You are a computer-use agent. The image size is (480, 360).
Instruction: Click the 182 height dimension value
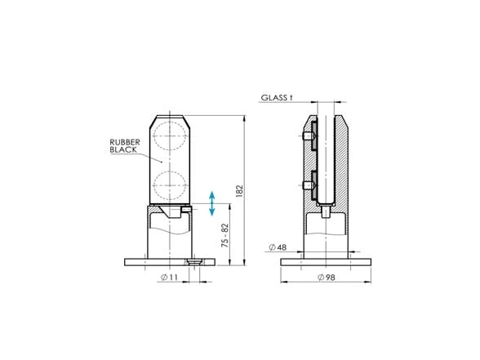tap(239, 191)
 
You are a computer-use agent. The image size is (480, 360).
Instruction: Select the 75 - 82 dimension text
tap(225, 236)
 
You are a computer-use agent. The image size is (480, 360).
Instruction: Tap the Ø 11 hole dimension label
tap(169, 278)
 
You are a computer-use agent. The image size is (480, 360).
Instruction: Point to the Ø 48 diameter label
tap(278, 247)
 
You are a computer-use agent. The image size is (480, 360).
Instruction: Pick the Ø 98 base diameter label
tap(327, 278)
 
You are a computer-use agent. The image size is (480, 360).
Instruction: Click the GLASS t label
tap(277, 98)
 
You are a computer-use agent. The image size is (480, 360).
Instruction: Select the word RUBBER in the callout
tap(125, 142)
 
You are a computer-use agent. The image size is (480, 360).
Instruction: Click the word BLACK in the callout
tap(123, 149)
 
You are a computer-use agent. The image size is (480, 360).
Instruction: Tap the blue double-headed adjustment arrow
tap(212, 203)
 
